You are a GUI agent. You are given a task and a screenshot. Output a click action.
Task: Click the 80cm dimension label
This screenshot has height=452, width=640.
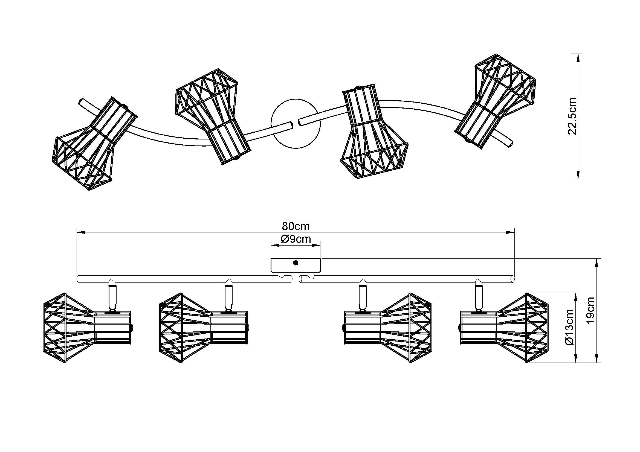coord(296,226)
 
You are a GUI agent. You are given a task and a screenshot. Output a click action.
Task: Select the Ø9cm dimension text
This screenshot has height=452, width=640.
coord(296,239)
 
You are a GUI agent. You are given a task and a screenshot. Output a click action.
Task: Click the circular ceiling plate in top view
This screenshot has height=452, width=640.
coord(296,124)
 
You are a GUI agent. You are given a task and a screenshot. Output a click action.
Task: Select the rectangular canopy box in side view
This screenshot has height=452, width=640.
coord(296,265)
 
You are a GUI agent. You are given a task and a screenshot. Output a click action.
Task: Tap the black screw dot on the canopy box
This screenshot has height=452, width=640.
coord(296,263)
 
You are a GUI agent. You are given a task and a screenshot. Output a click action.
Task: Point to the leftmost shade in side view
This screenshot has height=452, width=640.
coord(86,328)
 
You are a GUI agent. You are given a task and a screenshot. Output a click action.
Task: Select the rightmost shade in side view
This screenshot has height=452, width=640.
coord(504,328)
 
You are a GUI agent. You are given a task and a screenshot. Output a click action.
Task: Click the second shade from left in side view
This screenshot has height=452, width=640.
coord(203,328)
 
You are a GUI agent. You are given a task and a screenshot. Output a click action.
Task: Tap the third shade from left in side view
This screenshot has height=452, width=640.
coord(387,328)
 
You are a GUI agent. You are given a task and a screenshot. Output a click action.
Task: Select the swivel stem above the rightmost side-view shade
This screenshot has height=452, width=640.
coord(479,296)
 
